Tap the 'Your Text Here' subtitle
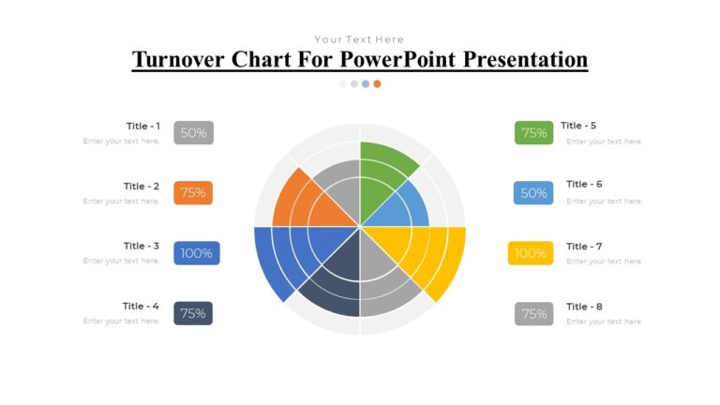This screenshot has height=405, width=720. [x=359, y=39]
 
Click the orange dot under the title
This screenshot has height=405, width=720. [x=377, y=83]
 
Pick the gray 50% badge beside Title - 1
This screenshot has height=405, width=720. [x=193, y=133]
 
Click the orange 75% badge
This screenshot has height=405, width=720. [x=193, y=193]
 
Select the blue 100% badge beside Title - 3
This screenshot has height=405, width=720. [x=197, y=253]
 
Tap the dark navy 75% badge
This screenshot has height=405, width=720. [x=193, y=313]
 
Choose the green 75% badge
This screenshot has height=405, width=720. [x=534, y=133]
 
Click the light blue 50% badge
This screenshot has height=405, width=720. [x=533, y=193]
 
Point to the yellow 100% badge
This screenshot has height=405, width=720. [x=531, y=253]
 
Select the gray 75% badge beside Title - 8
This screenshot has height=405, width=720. [x=534, y=314]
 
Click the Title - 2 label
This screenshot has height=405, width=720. [x=142, y=187]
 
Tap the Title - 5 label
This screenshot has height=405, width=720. [x=578, y=126]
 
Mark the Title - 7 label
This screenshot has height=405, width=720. [x=584, y=247]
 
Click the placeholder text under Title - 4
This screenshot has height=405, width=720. [x=121, y=321]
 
